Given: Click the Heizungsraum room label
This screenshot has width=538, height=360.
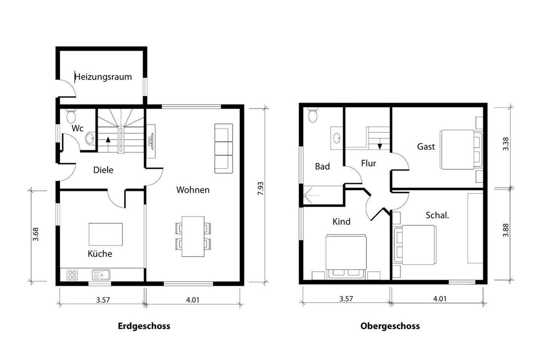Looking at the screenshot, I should (103, 77).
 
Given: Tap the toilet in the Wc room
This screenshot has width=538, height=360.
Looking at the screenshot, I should (70, 116).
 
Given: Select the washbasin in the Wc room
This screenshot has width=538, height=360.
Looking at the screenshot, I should (90, 139).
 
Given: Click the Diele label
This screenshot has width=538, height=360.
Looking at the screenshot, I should (103, 170).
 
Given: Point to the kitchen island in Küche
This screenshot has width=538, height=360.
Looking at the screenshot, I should (105, 234).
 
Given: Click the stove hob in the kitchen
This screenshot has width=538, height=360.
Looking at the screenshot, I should (72, 275).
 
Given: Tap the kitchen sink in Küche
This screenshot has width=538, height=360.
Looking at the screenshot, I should (101, 275).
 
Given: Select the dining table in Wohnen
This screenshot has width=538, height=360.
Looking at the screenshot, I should (193, 236).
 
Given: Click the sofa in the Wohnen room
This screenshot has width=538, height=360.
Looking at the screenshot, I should (223, 148).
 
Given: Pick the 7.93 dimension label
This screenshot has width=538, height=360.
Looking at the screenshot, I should (261, 188).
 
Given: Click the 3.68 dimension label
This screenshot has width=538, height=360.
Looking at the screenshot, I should (36, 234).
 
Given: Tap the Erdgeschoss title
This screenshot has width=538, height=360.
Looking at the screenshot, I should (144, 326).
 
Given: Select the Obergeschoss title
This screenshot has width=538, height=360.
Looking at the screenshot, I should (390, 326).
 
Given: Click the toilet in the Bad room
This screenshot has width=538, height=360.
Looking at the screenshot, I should (313, 115).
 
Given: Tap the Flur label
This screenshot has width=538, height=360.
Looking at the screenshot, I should (368, 163).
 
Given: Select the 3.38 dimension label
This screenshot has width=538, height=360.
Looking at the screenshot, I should (505, 144).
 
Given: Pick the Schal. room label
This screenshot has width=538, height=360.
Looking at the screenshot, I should (437, 215).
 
